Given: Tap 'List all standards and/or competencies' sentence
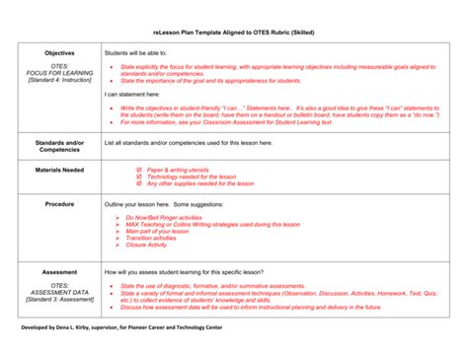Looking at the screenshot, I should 188,143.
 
